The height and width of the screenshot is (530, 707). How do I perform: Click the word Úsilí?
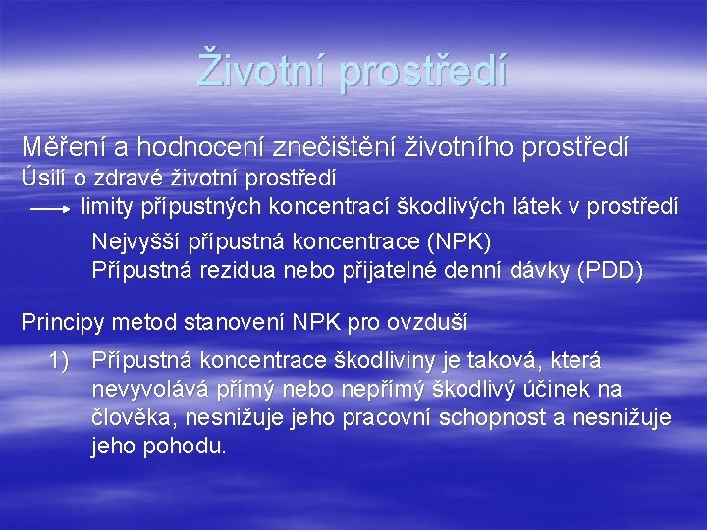click(x=41, y=179)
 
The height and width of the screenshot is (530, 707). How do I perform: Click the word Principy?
click(x=63, y=321)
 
